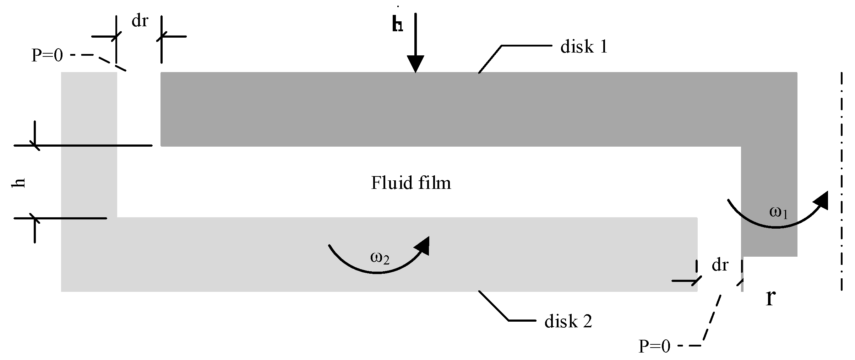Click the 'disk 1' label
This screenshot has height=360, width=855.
pos(584,47)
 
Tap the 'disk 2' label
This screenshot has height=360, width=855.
pos(568,322)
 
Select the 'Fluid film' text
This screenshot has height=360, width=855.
pos(411,183)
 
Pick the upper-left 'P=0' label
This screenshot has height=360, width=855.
pos(47,56)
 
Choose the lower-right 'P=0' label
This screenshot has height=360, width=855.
pos(654,346)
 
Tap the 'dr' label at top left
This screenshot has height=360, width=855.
pos(140,21)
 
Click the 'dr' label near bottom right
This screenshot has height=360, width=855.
pos(720,265)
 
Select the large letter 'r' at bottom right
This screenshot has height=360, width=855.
pos(770,298)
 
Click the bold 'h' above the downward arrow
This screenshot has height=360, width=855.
pos(397,25)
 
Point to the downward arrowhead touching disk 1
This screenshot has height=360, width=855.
pos(415,64)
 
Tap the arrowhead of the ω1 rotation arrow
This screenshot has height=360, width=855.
pos(821,201)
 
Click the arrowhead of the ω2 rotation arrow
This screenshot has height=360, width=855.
pos(423,245)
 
